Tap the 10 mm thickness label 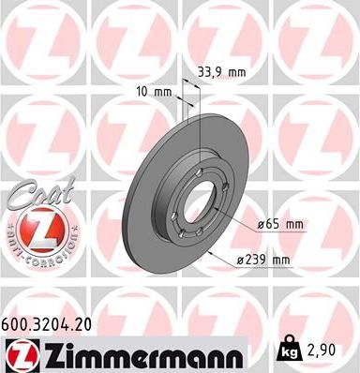(154, 92)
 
